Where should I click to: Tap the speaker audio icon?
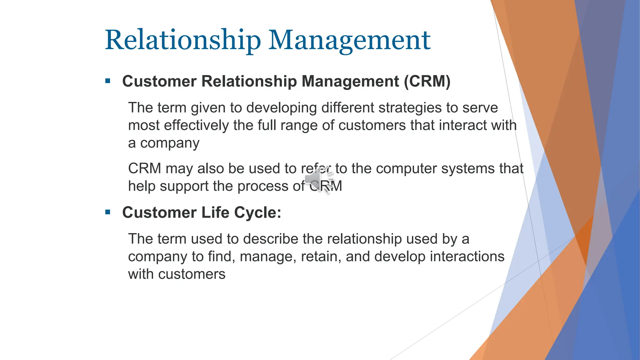tap(317, 179)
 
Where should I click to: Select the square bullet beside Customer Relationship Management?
tap(108, 81)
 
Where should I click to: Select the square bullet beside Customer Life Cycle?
tap(108, 212)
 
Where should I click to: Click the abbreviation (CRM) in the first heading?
tap(427, 81)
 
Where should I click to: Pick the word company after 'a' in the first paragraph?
tap(170, 143)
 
